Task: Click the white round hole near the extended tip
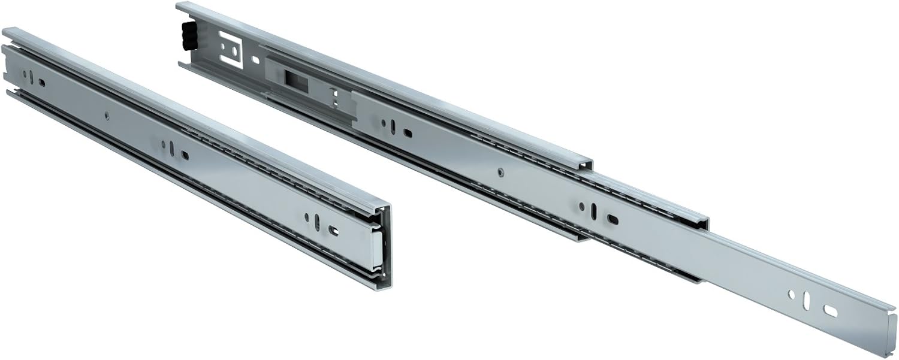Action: [792, 294]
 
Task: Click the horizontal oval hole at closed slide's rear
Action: [42, 83]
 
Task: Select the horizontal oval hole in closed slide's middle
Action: [185, 155]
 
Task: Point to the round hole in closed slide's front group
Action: [306, 216]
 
